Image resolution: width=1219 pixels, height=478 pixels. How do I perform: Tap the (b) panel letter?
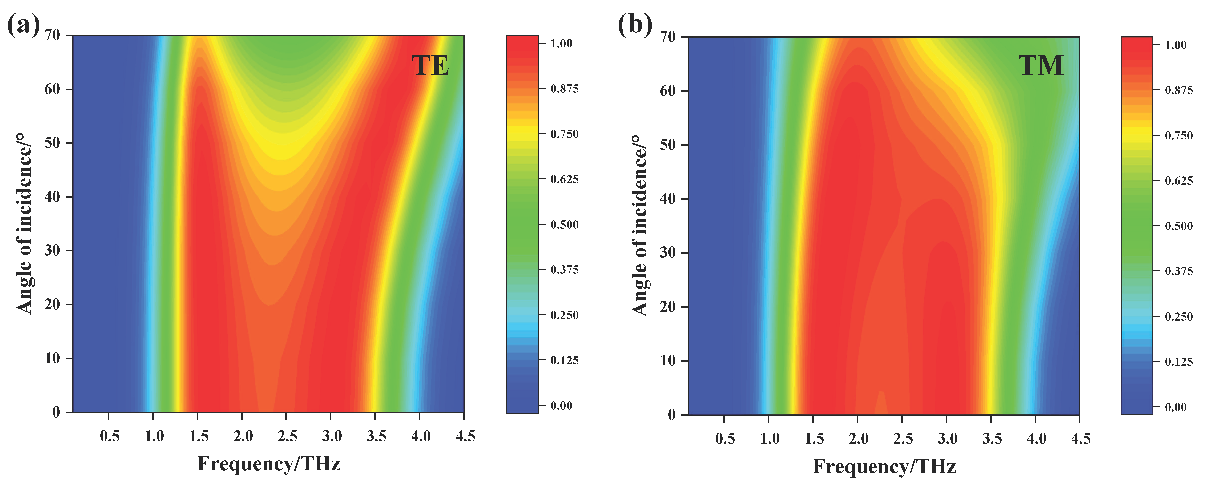pos(635,25)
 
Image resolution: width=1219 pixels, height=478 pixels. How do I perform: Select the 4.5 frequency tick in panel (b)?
pos(1080,438)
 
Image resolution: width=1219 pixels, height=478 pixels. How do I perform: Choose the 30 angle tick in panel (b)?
pos(667,252)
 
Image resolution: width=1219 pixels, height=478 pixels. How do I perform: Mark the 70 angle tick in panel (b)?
pos(667,37)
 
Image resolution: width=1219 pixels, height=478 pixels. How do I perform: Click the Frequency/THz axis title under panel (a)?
pos(269,463)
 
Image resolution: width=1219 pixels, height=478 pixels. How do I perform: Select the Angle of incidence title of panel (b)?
pos(639,226)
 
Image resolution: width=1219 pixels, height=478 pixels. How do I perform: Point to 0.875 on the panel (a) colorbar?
pos(564,89)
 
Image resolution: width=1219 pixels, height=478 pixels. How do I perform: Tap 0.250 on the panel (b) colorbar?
pos(1179,316)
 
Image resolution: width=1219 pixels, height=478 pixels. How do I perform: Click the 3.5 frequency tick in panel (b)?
pos(991,438)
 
